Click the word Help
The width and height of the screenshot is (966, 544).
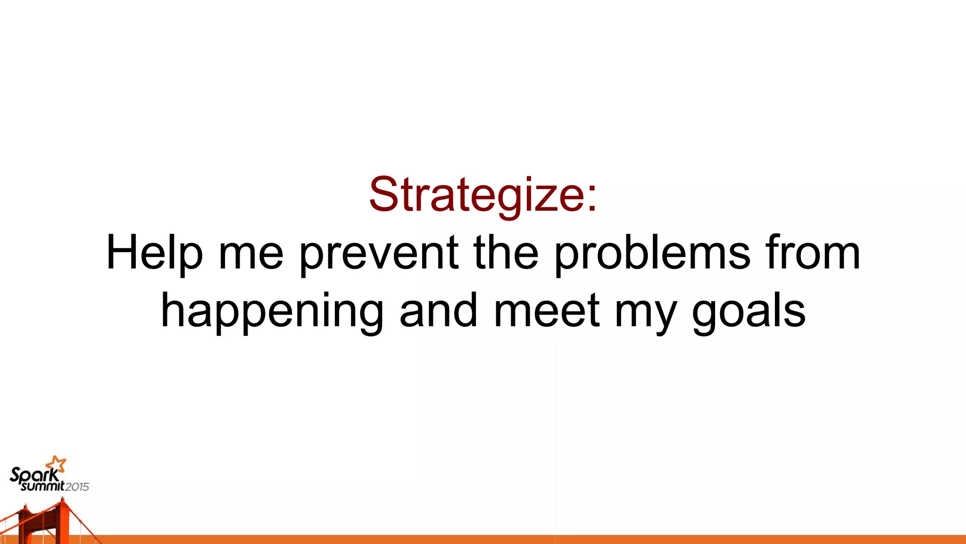point(155,254)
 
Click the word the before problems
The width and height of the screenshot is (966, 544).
point(506,254)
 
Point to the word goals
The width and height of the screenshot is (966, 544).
point(749,312)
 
